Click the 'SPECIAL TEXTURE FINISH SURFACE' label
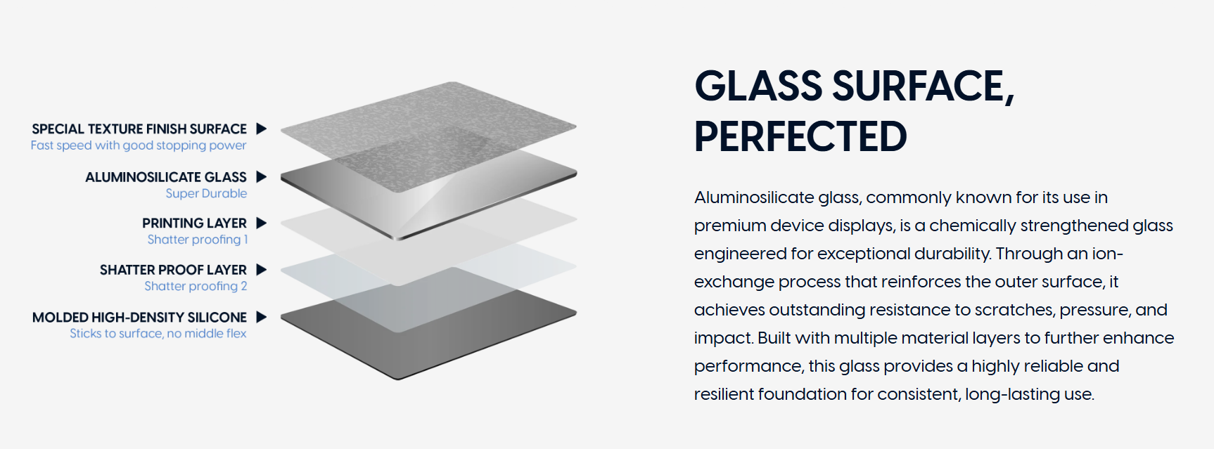pos(139,129)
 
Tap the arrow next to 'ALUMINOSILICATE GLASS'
pos(262,176)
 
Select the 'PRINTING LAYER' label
pos(194,223)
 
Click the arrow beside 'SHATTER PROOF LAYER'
pos(262,269)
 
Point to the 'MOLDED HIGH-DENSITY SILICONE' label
pos(139,317)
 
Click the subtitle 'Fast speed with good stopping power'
pos(139,145)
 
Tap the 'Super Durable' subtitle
pos(206,193)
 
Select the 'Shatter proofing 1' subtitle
pos(198,240)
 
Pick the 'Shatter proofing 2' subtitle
pos(196,286)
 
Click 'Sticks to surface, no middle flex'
pos(158,333)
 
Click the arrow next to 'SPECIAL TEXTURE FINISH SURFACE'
pos(262,129)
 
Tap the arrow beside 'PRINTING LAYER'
pos(262,223)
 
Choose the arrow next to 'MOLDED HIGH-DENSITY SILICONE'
pos(262,317)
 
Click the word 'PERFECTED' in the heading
pos(800,136)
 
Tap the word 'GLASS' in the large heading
pos(758,86)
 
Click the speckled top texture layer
pos(428,127)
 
